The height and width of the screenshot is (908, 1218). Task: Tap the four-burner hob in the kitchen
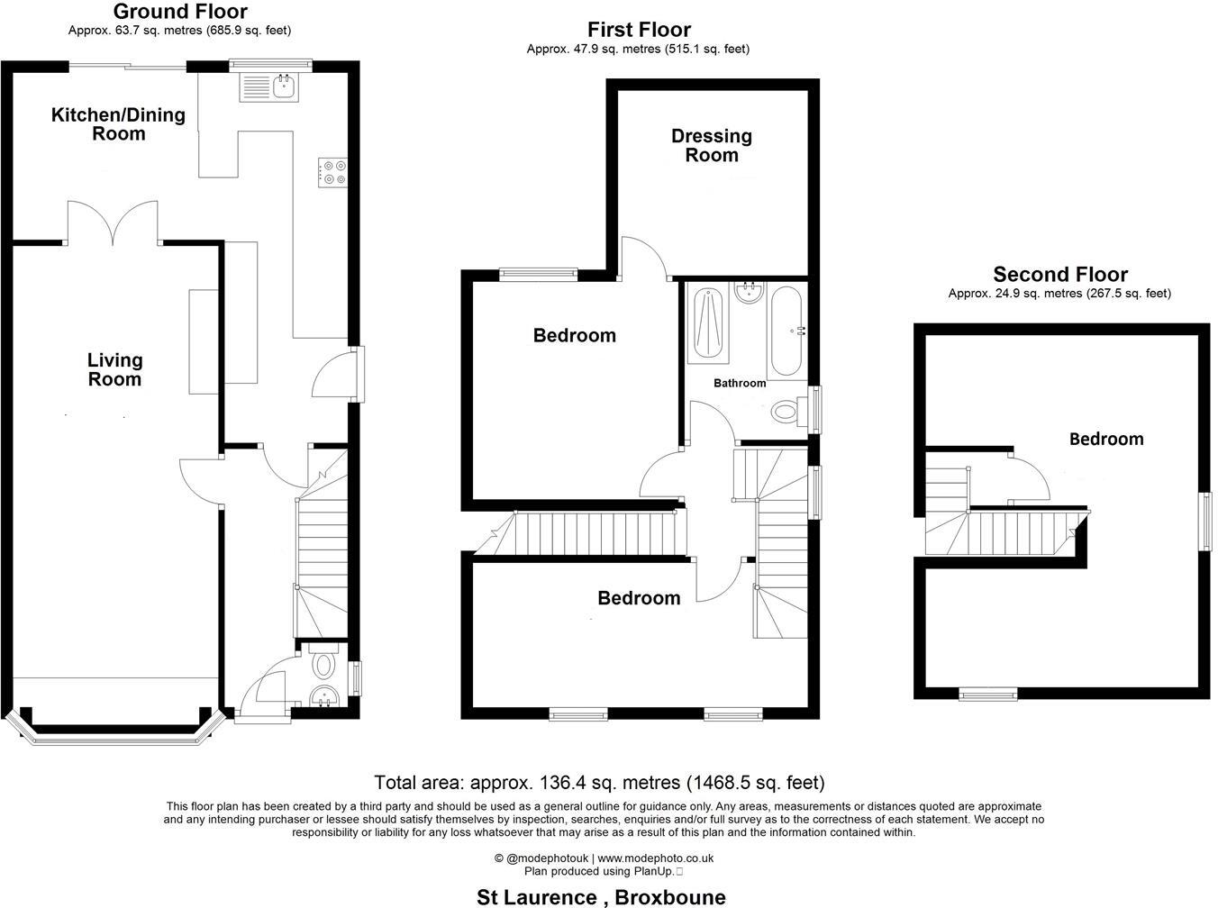point(332,172)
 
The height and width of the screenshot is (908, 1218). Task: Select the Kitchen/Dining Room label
point(118,124)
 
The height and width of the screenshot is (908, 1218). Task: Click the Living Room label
point(114,369)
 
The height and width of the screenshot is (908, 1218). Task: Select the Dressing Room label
point(712,145)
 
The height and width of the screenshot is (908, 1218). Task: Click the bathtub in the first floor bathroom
point(785,332)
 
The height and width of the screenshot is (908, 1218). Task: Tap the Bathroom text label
point(740,383)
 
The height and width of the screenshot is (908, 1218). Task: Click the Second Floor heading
point(1060,275)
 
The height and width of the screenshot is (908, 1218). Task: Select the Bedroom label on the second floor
point(1106,439)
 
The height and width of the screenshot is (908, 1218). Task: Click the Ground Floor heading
point(180,12)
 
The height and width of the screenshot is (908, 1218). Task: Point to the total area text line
point(599,783)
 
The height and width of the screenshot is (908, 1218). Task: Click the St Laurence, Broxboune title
point(601,897)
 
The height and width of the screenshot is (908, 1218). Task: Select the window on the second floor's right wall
point(1204,522)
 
